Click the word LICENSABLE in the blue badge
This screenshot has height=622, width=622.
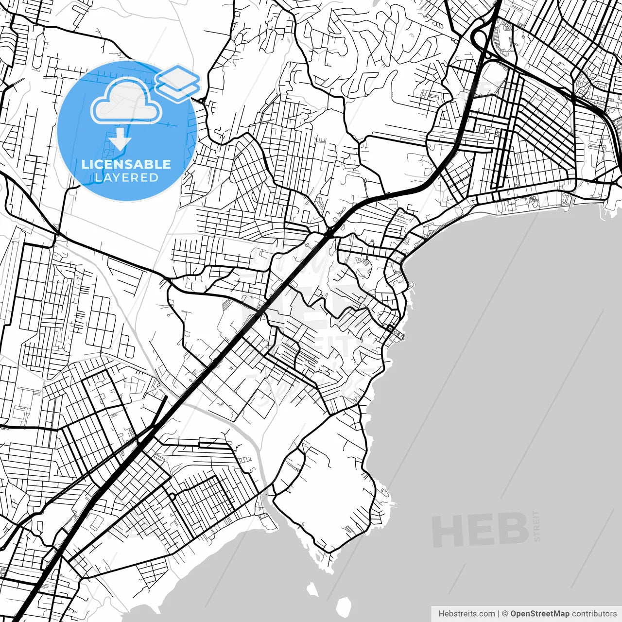click(126, 164)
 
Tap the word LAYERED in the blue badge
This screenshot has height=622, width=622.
click(126, 177)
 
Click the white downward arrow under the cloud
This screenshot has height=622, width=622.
click(120, 139)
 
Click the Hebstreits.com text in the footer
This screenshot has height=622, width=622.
click(466, 614)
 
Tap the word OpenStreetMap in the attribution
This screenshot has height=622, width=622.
click(539, 614)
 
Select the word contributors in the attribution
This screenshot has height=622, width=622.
click(594, 614)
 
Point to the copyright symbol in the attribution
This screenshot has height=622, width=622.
click(505, 614)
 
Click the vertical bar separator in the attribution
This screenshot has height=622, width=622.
click(499, 614)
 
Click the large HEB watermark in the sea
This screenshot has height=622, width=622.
click(480, 530)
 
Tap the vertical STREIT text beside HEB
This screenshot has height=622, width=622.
click(536, 526)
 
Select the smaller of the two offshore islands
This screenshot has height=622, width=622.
click(312, 590)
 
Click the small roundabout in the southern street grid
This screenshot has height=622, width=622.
click(172, 496)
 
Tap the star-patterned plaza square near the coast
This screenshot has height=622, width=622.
click(390, 329)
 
